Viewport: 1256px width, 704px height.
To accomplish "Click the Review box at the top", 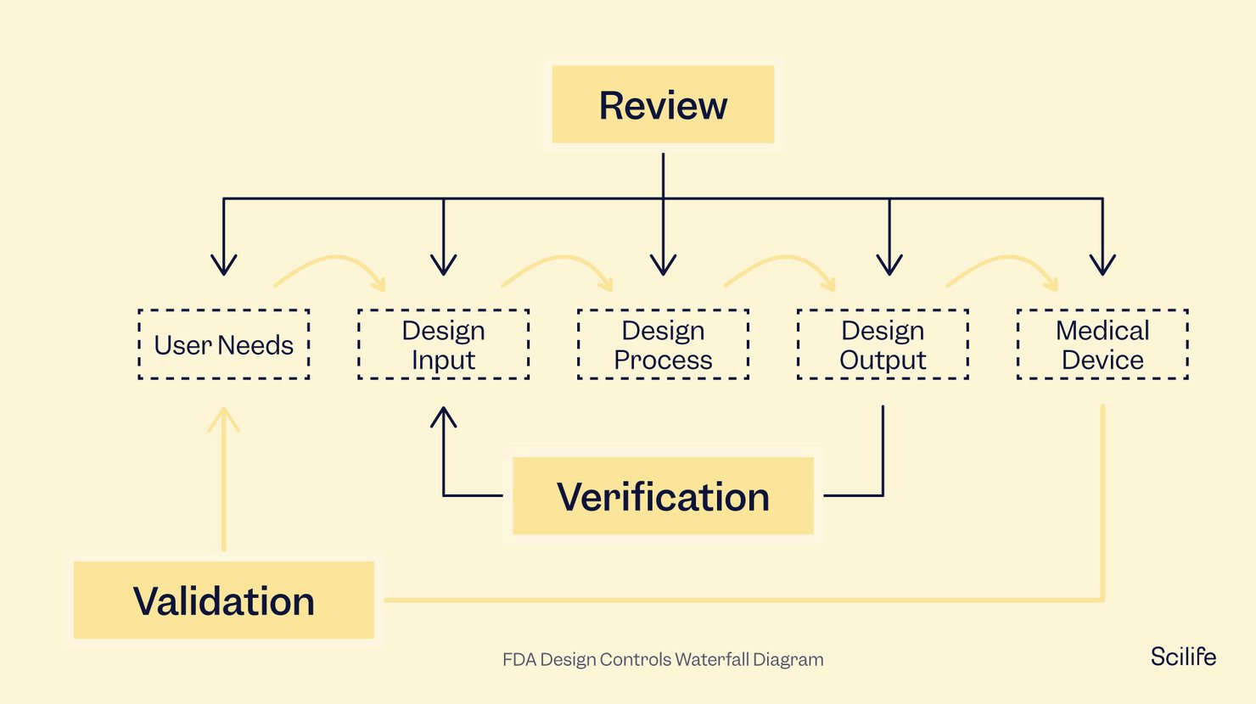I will pos(663,105).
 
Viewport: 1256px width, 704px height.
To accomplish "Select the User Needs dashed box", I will pos(223,344).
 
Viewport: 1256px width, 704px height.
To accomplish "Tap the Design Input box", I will pos(443,344).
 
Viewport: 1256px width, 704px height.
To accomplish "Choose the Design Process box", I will pos(663,344).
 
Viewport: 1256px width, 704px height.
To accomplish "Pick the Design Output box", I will pos(883,344).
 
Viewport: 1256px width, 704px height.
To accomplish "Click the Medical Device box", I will pos(1102,344).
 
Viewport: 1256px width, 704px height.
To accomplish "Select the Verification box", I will pos(663,496).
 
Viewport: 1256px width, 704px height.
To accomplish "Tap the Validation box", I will pos(223,601).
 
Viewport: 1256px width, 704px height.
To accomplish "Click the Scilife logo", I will pos(1183,657).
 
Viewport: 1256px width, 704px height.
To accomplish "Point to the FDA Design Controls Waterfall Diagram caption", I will pos(663,660).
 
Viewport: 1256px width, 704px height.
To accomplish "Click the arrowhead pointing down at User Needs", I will pos(223,265).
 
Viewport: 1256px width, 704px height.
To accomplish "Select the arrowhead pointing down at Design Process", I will pos(663,265).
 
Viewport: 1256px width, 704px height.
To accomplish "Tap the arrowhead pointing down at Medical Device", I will pos(1102,265).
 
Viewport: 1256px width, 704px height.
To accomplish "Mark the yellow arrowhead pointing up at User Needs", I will pos(223,418).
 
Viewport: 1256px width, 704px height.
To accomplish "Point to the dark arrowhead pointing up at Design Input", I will pos(443,417).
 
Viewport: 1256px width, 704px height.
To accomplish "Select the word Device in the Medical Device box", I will pos(1102,360).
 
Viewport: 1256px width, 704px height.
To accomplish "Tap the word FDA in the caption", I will pos(519,660).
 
